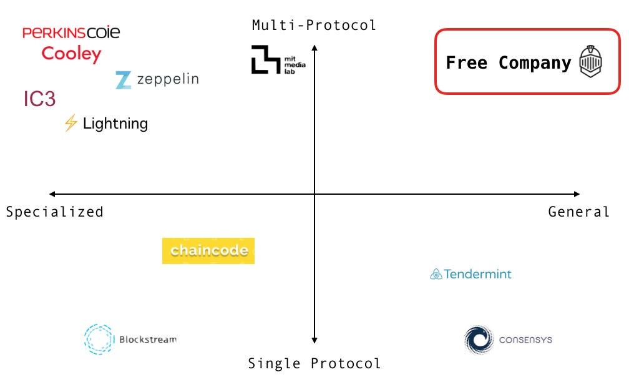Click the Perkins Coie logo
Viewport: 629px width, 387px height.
tap(71, 32)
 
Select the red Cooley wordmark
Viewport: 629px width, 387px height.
tap(71, 54)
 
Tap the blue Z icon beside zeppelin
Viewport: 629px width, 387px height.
tap(123, 80)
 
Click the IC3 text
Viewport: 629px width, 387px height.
tap(40, 99)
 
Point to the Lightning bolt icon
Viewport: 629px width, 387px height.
tap(71, 123)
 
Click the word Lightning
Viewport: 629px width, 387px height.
tap(115, 124)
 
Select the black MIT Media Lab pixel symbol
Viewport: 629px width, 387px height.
tap(265, 60)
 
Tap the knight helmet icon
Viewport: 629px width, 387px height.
tap(590, 62)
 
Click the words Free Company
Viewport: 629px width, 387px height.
tap(508, 63)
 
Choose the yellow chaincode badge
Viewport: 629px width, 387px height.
tap(208, 251)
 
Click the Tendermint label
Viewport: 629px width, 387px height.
tap(477, 274)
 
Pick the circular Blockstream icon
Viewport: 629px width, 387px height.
tap(99, 340)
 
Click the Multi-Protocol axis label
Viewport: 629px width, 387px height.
tap(314, 26)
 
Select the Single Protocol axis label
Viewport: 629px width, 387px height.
tap(314, 363)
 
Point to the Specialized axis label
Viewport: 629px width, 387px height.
tap(55, 212)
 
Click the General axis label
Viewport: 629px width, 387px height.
tap(578, 212)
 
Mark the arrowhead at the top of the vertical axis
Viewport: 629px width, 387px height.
tap(314, 47)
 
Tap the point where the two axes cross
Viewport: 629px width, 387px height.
tap(314, 195)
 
